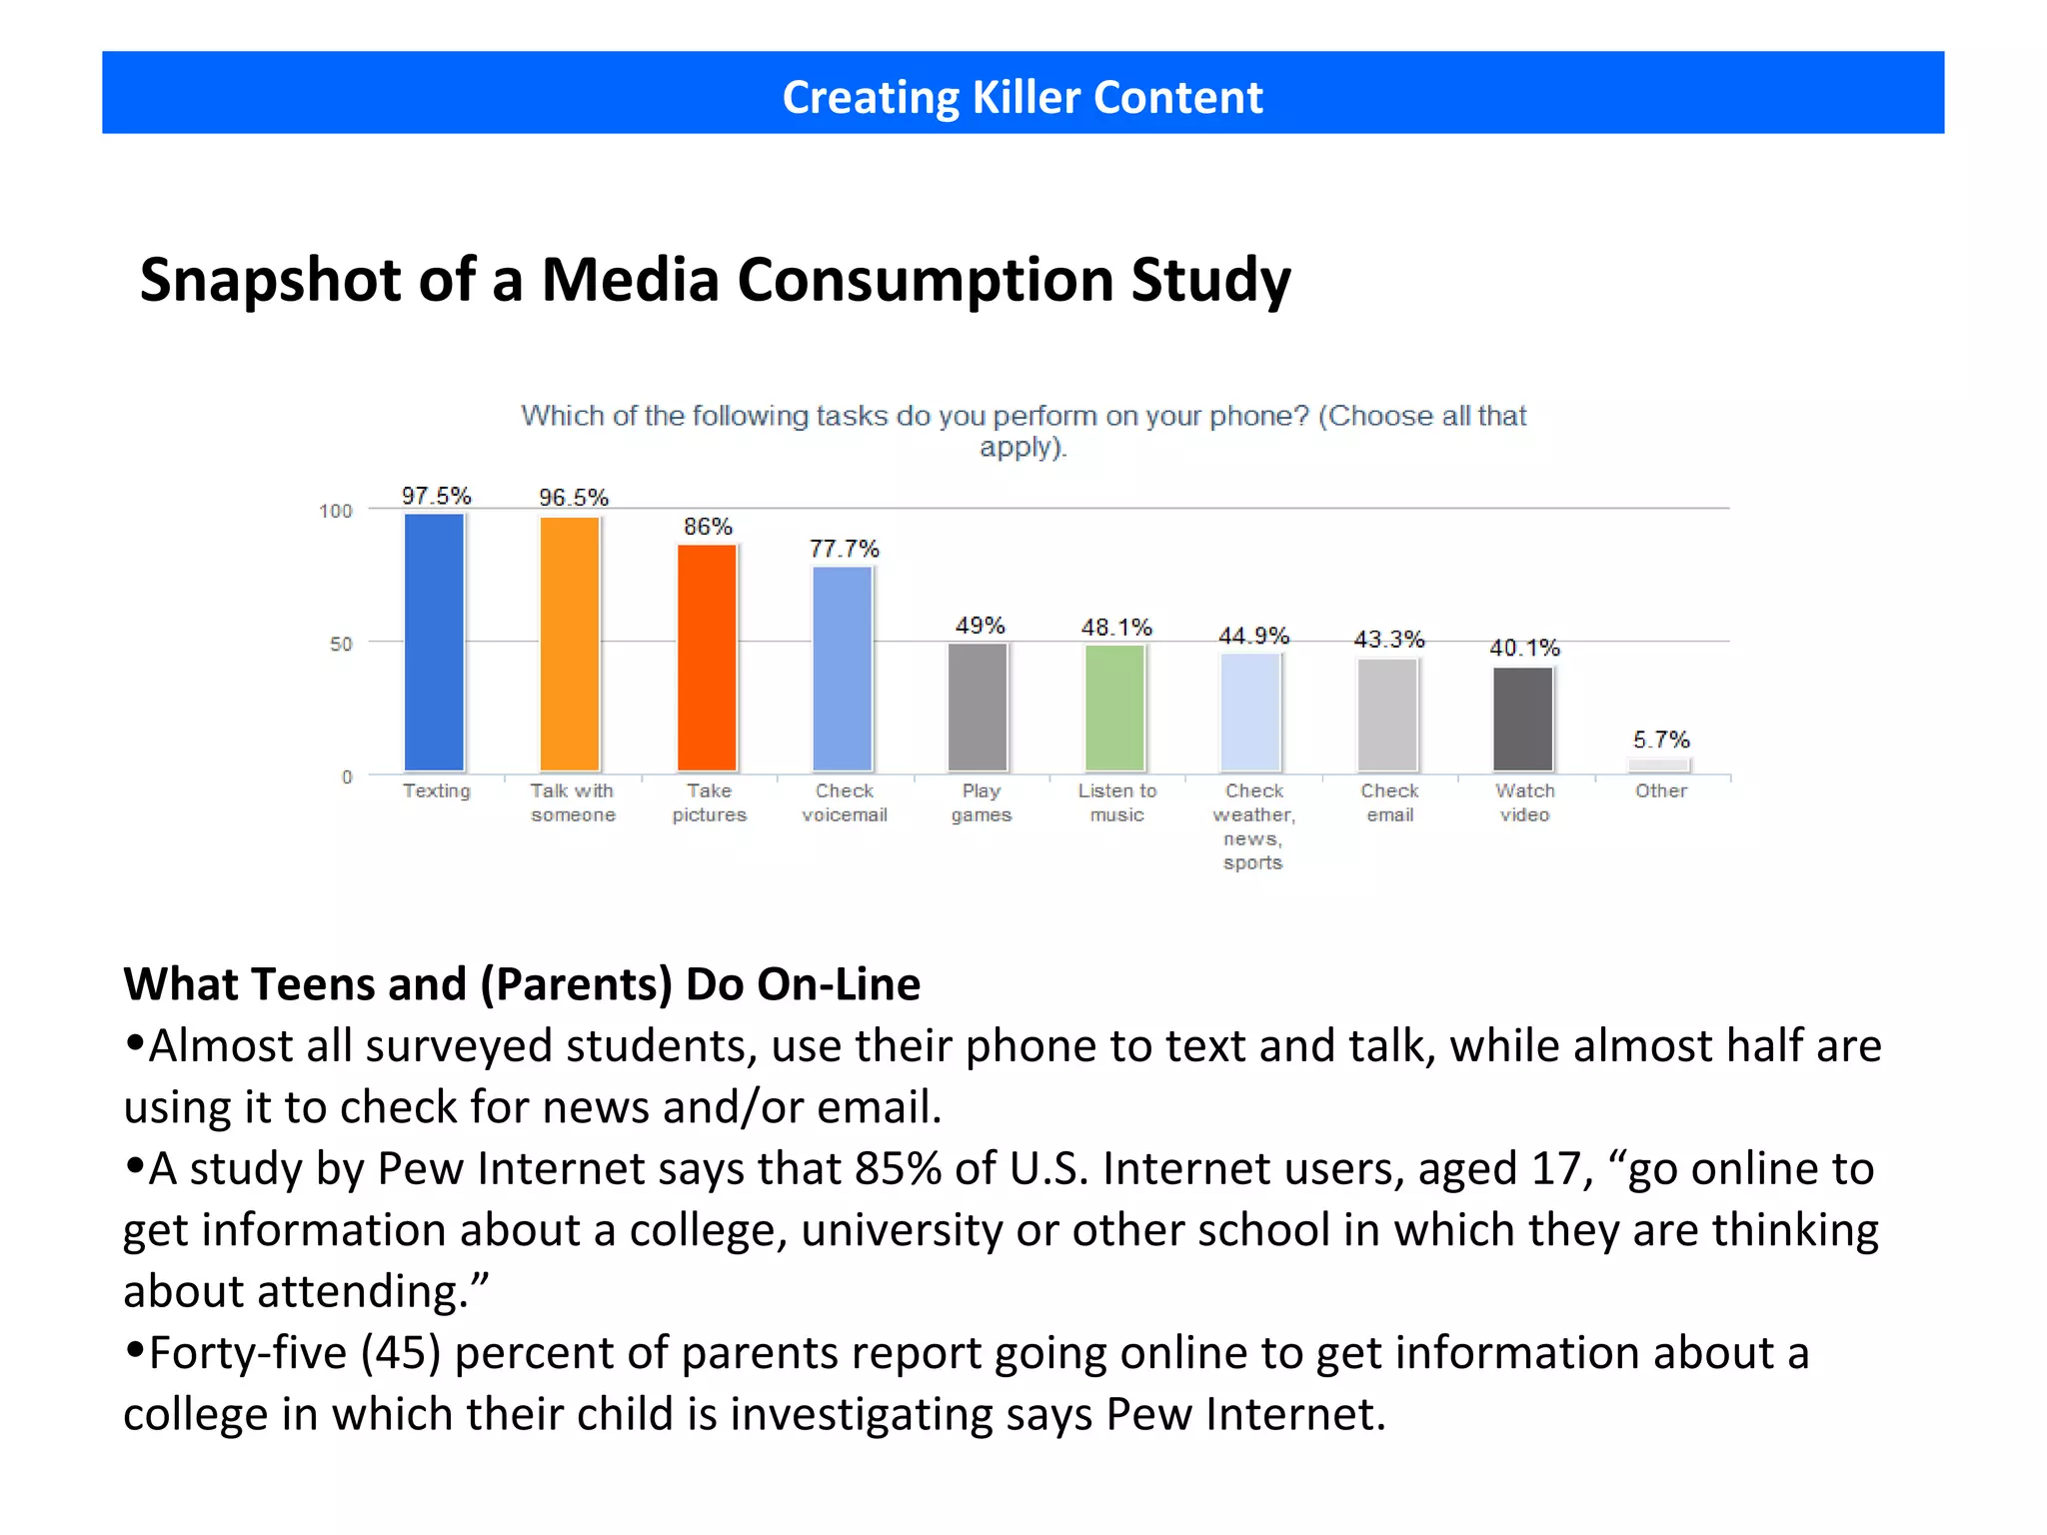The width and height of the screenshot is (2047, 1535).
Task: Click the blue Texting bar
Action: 435,642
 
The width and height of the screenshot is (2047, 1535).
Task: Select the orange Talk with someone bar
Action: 570,644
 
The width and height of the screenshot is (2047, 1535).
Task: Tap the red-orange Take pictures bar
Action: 707,658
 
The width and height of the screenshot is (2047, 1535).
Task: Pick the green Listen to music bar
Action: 1114,708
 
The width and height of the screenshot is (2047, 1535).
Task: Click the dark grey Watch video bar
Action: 1523,719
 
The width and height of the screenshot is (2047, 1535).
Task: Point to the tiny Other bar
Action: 1659,766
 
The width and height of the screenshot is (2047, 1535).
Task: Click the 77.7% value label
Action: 844,549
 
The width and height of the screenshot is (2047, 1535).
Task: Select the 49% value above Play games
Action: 980,626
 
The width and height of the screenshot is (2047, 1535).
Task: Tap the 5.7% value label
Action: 1660,740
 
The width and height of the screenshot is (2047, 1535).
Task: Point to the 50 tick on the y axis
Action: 341,645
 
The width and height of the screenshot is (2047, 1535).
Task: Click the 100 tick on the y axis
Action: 336,512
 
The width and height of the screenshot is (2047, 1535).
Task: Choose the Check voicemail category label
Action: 844,802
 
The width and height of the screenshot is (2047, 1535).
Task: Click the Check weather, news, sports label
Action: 1253,825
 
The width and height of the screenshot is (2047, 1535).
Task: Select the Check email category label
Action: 1389,802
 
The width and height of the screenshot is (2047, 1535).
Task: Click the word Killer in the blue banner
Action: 1026,97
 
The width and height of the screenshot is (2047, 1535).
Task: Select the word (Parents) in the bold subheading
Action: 577,984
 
